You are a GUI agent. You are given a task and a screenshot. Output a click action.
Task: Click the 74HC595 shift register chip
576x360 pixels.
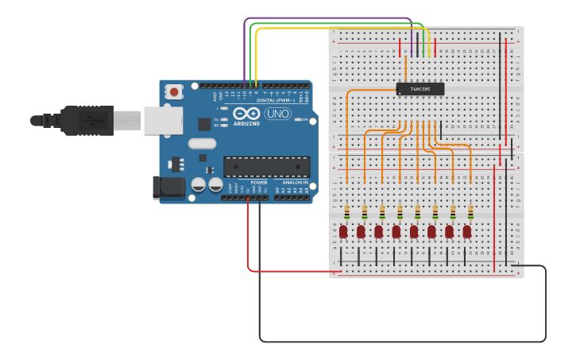click(x=420, y=89)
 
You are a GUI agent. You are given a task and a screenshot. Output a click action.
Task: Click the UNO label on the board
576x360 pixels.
click(x=277, y=114)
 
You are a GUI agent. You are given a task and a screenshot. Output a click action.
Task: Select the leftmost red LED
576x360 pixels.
click(x=343, y=231)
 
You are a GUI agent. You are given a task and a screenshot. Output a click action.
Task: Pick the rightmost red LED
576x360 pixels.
click(x=467, y=231)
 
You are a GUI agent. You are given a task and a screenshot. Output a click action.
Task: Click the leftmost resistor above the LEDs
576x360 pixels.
click(x=347, y=212)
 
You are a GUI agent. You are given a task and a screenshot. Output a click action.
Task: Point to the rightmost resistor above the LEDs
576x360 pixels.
click(x=470, y=212)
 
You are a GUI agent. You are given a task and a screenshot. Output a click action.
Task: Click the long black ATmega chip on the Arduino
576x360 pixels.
click(x=266, y=166)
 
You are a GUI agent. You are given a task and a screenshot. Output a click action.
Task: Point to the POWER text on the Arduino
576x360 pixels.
click(x=259, y=183)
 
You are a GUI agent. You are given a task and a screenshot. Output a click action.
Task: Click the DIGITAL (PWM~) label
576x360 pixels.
click(x=275, y=100)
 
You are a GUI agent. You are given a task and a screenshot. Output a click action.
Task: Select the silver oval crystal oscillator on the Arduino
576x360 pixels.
click(x=202, y=144)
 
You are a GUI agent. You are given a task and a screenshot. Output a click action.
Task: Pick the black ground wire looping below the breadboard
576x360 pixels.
click(x=397, y=341)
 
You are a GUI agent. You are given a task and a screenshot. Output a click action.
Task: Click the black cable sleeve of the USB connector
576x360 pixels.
click(x=83, y=121)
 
